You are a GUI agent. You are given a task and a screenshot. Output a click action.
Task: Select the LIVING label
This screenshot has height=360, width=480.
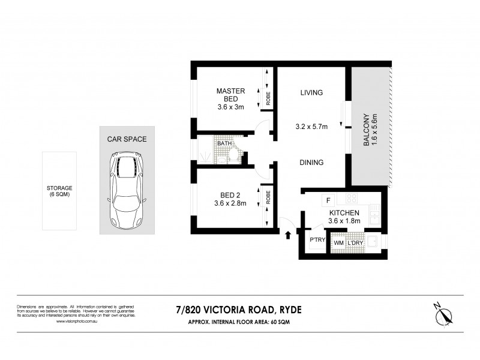[311, 92]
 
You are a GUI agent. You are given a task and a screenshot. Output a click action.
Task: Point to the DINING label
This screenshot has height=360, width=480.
[311, 162]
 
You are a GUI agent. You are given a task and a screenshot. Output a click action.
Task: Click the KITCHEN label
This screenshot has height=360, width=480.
[344, 212]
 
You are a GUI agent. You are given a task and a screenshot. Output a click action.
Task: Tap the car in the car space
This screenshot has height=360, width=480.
[127, 188]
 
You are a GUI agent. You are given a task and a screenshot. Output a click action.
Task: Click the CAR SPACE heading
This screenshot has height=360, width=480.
[127, 139]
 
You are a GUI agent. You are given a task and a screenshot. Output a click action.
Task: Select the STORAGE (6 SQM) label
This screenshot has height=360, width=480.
[59, 191]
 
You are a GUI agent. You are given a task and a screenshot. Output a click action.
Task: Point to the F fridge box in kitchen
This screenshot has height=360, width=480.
[328, 200]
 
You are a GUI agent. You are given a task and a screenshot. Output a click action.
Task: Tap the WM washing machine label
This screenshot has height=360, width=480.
[338, 242]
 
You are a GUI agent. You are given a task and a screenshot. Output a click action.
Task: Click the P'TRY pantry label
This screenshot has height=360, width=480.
[316, 239]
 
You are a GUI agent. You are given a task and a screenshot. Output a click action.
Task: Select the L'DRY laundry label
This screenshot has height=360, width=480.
[356, 242]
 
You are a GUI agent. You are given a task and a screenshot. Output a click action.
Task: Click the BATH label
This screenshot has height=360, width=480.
[224, 143]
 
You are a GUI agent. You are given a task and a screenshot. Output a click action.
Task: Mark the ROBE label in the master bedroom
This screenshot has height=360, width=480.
[268, 98]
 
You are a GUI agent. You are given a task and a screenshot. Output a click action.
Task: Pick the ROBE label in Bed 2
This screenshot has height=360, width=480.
[268, 197]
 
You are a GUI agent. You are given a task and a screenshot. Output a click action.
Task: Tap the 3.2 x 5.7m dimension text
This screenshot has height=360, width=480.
[311, 127]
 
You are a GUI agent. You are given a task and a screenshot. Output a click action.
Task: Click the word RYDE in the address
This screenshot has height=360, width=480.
[289, 310]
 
